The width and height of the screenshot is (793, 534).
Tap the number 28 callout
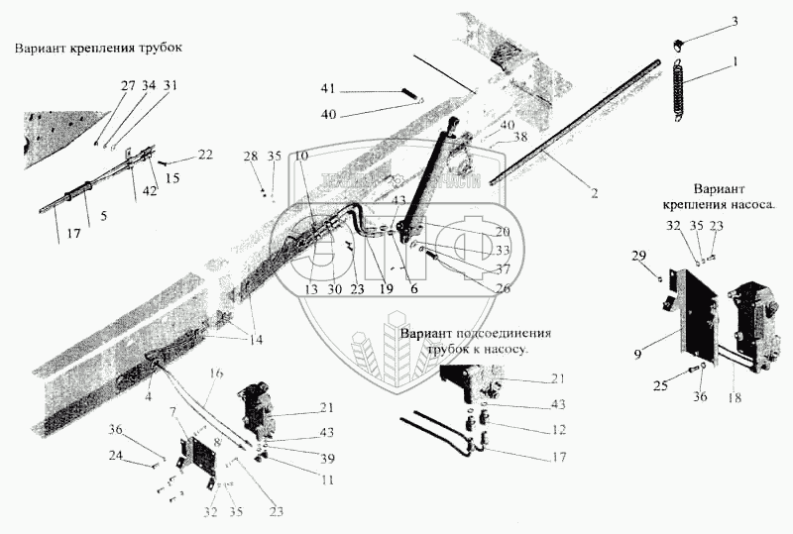(251, 158)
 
